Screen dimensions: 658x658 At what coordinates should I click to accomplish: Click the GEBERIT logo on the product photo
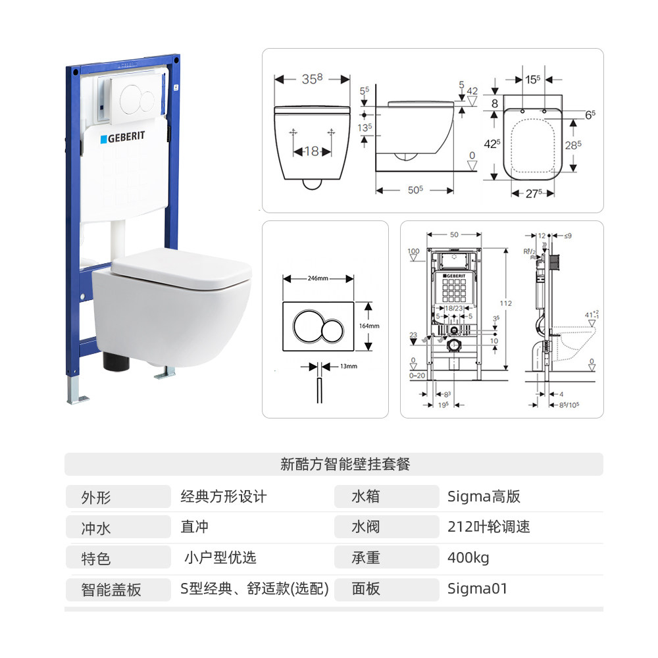tap(122, 139)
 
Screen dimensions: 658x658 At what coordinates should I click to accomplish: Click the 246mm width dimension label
tap(318, 278)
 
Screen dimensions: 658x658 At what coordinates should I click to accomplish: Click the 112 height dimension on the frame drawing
tap(505, 303)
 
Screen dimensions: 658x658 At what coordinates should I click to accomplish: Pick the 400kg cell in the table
tap(468, 558)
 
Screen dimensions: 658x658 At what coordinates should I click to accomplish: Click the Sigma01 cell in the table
tap(477, 588)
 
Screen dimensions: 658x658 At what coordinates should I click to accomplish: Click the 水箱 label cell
tap(366, 496)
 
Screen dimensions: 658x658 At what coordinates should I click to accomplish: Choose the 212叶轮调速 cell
tap(488, 527)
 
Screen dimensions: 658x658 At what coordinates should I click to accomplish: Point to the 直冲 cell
tap(195, 527)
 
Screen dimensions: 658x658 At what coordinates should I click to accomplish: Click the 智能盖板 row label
tap(111, 590)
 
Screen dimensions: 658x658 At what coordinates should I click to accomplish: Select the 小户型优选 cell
tap(219, 558)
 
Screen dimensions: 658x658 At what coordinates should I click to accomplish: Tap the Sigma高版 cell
tap(484, 496)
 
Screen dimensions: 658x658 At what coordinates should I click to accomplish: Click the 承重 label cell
tap(366, 558)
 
